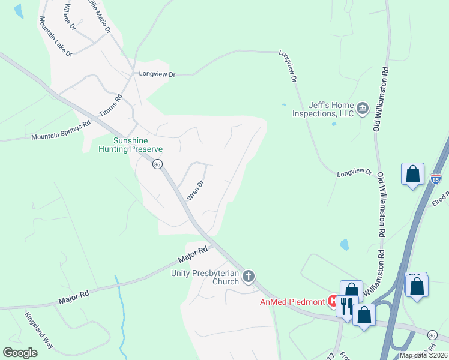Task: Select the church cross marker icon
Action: [249, 277]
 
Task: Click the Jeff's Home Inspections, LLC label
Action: [322, 109]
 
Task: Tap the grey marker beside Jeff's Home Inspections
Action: [362, 109]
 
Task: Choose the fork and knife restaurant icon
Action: [346, 306]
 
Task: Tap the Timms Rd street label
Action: [110, 105]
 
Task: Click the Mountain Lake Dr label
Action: [56, 37]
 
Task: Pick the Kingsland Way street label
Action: [39, 331]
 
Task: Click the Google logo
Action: [20, 353]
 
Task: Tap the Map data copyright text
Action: [423, 355]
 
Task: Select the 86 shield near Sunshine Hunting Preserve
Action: [157, 164]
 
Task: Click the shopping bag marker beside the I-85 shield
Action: [413, 175]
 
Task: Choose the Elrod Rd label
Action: [440, 199]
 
